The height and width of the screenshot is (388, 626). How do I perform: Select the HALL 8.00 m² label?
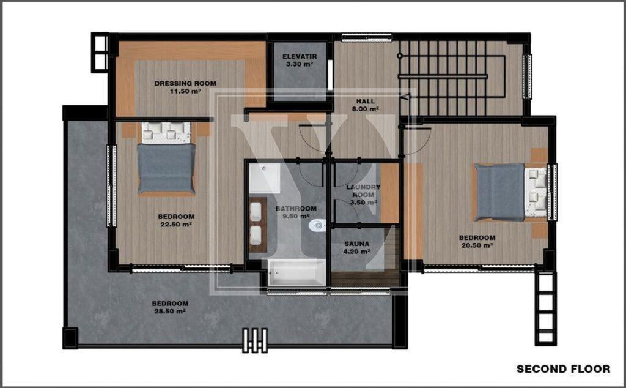click(x=366, y=105)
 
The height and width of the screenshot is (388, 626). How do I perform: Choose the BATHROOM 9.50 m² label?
click(x=296, y=212)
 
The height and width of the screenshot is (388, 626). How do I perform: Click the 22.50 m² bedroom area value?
click(x=176, y=225)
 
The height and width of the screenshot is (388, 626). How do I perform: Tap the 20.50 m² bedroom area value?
click(x=477, y=245)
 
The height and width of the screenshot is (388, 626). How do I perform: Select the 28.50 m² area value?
click(x=170, y=312)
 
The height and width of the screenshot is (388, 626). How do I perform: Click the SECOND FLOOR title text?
click(x=563, y=369)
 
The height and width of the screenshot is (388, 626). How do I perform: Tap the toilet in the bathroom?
click(x=317, y=225)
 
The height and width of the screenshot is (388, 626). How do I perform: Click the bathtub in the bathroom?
click(x=296, y=272)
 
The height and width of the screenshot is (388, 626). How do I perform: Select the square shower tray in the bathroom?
click(x=265, y=178)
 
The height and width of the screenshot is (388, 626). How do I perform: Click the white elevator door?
click(x=330, y=75)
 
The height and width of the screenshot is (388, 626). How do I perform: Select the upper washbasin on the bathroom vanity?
click(x=256, y=212)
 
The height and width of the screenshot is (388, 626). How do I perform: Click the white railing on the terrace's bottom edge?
click(x=255, y=341)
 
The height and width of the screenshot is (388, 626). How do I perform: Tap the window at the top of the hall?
click(x=367, y=38)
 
